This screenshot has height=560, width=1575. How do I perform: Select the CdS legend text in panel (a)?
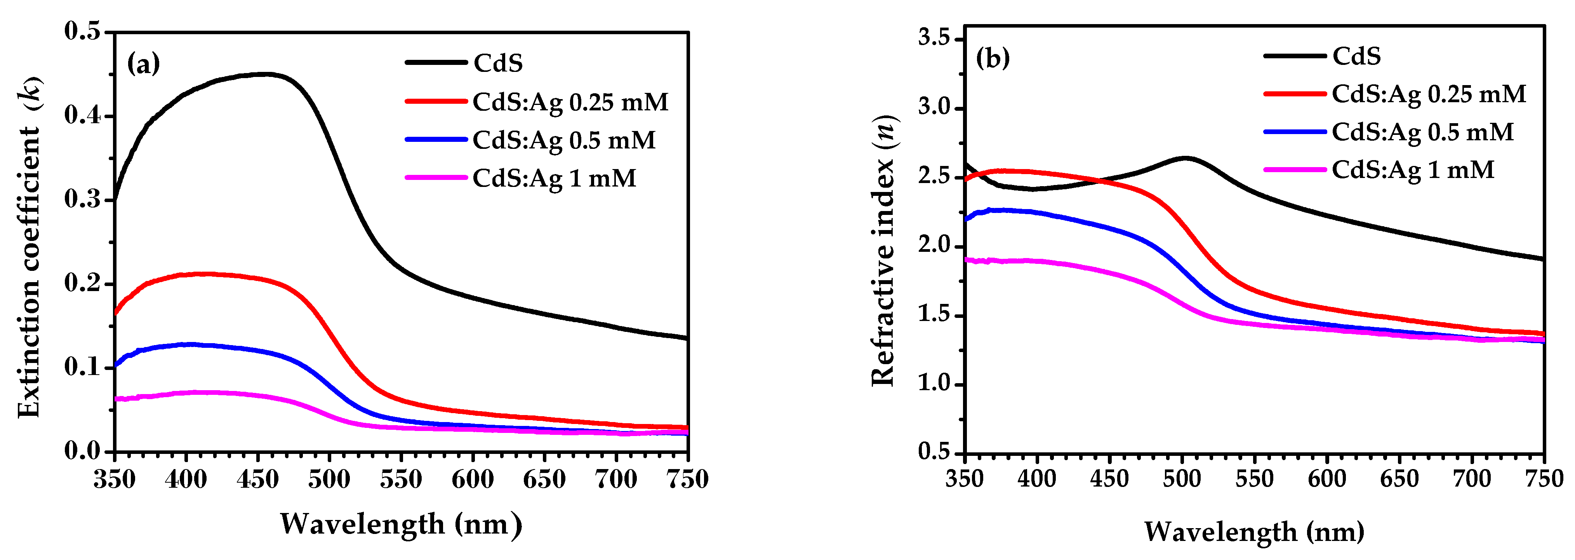point(498,63)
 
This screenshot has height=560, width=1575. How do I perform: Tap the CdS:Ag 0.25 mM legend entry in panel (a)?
point(570,101)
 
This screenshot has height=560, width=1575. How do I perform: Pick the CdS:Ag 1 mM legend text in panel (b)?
point(1412,169)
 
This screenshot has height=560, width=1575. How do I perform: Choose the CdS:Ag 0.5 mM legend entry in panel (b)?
point(1422,132)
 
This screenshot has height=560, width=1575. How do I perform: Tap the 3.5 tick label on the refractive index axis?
point(934,38)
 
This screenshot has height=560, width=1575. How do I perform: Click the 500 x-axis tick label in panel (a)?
point(329,479)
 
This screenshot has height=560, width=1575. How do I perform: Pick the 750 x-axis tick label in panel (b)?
point(1543,479)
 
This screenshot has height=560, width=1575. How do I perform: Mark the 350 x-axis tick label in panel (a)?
point(114,479)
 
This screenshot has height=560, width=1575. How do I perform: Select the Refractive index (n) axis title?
point(882,251)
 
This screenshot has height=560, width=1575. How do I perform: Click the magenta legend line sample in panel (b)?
point(1294,169)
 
